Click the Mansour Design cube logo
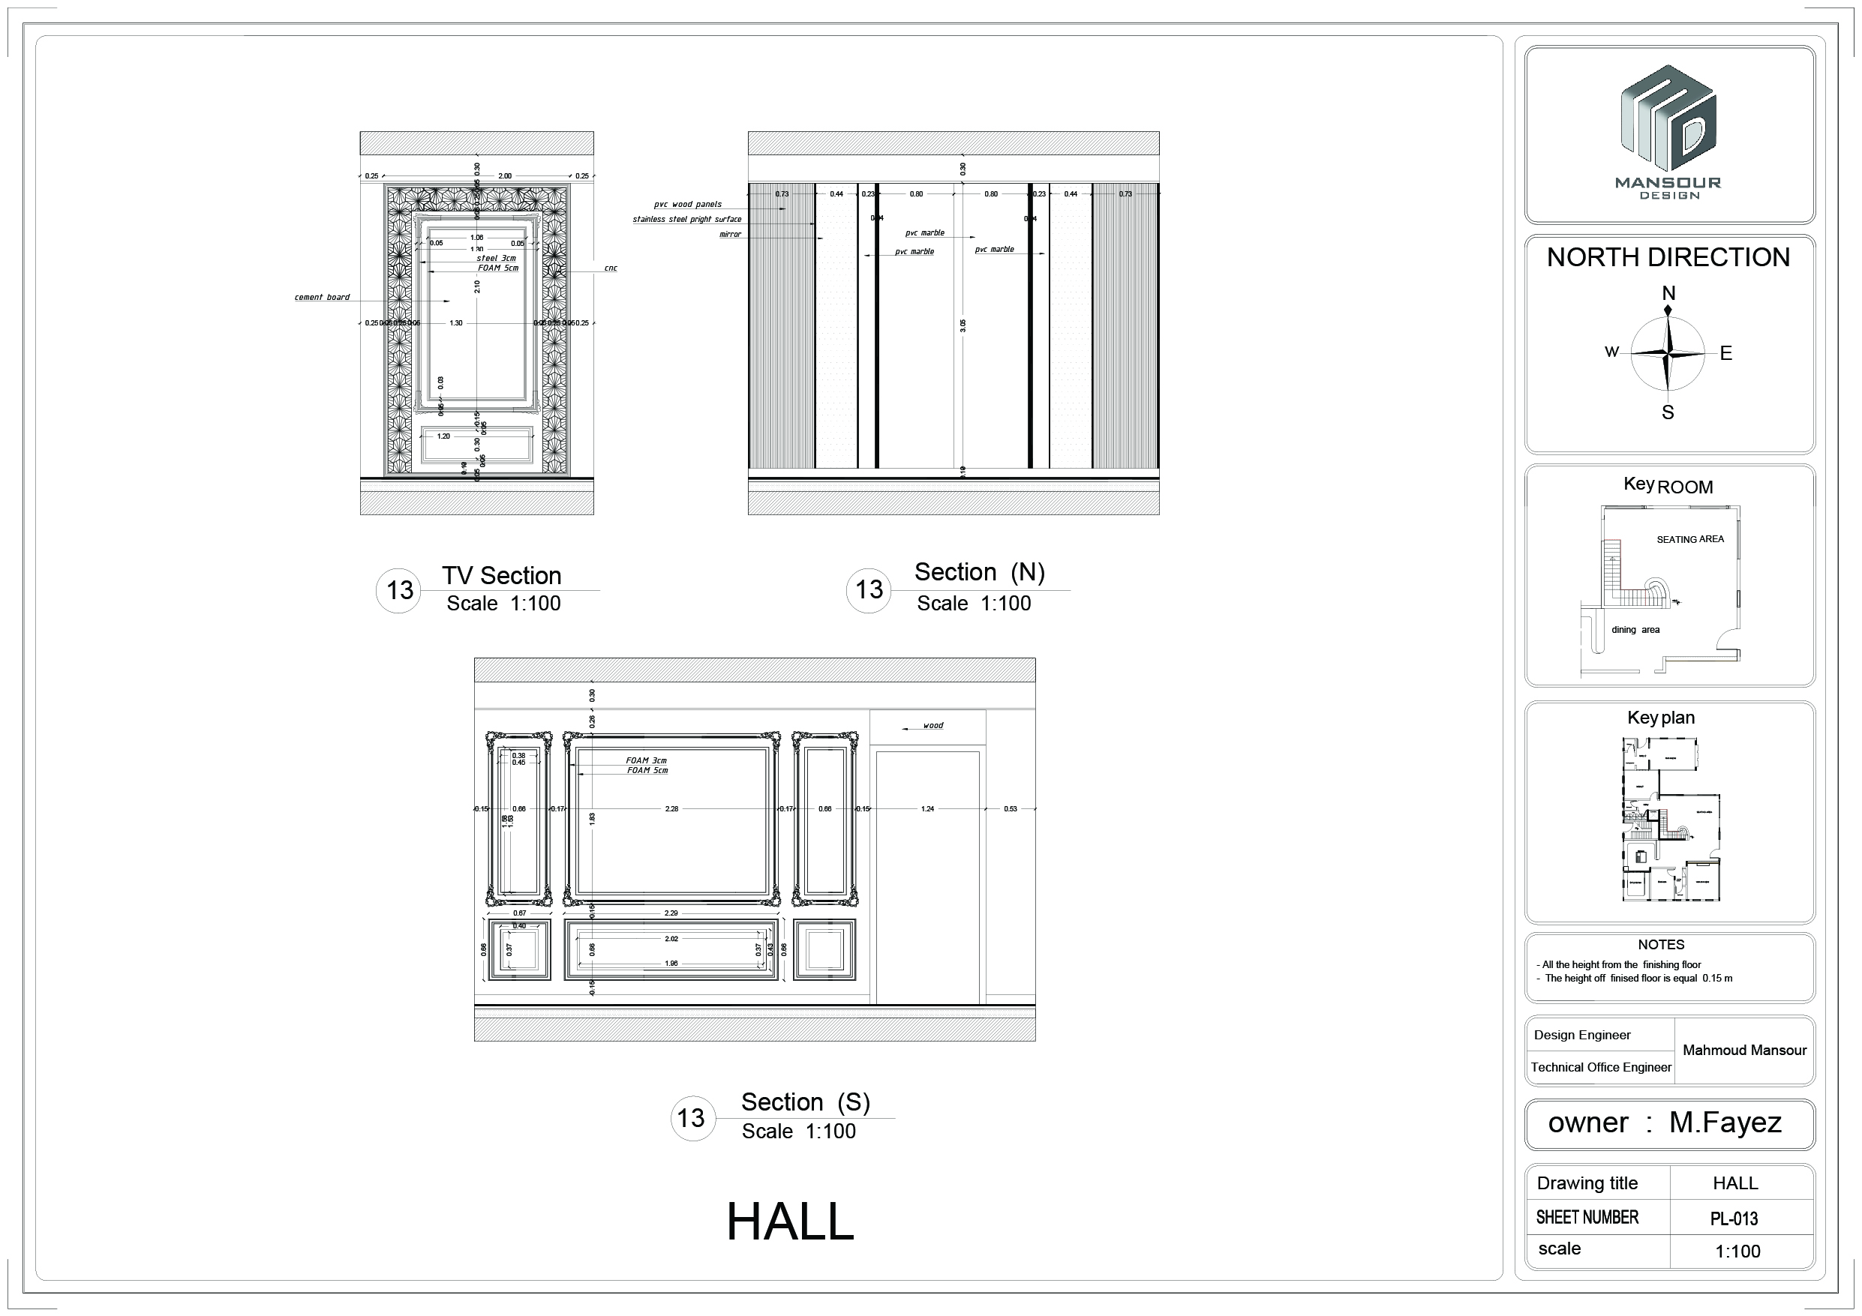coord(1668,119)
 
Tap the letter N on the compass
coord(1668,293)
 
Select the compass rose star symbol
coord(1668,353)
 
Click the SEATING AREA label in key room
coord(1690,539)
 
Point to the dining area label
coord(1635,630)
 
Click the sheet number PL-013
coord(1734,1218)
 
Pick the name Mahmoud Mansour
coord(1744,1050)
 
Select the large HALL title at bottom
coord(790,1222)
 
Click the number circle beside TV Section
coord(399,590)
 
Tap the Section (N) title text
coord(980,572)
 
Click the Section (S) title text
coord(805,1102)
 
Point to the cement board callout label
coord(322,298)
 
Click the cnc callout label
coord(611,268)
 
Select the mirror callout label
coord(730,235)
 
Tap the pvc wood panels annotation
coord(688,204)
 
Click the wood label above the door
coord(933,726)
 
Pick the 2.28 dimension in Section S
coord(671,808)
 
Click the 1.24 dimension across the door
coord(928,808)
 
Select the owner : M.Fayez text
coord(1664,1123)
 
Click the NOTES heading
coord(1661,945)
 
